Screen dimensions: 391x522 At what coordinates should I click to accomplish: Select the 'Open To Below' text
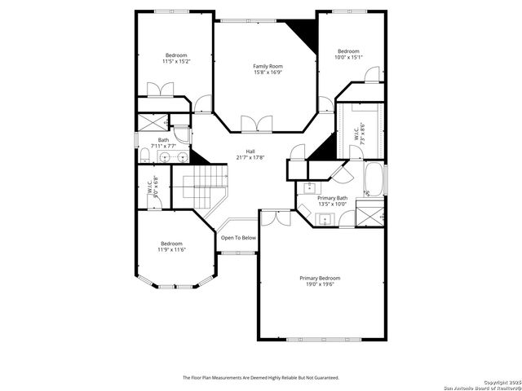tap(238, 238)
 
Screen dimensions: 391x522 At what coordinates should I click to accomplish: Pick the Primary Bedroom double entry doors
tap(275, 217)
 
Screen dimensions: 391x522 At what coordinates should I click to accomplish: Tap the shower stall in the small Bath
tap(152, 124)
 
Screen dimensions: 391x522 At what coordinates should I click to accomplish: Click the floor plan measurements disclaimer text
tap(260, 378)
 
